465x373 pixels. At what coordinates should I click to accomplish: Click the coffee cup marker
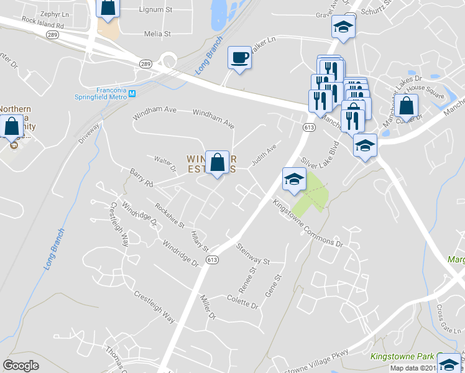pos(240,58)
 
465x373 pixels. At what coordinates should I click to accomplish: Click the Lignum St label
pos(155,10)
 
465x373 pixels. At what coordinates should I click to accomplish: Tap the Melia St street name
pos(157,34)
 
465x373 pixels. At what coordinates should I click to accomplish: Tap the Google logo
pos(21,366)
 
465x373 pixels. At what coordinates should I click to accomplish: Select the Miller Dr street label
pos(207,308)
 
